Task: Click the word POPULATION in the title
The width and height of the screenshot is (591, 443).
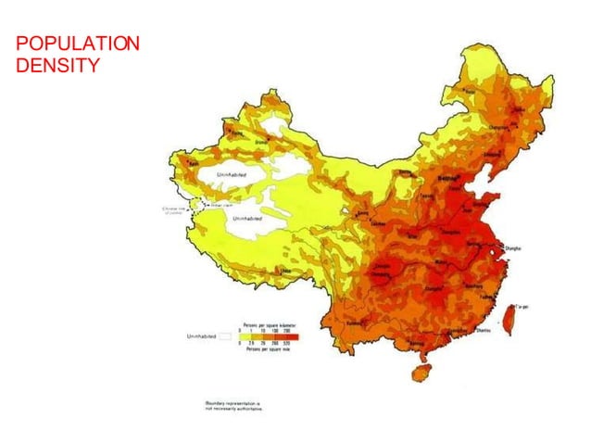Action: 79,44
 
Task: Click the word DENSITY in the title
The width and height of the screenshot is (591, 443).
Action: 57,65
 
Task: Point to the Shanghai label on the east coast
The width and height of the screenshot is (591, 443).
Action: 513,248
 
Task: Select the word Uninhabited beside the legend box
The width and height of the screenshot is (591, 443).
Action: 202,336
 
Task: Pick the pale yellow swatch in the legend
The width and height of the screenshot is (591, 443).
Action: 246,336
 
